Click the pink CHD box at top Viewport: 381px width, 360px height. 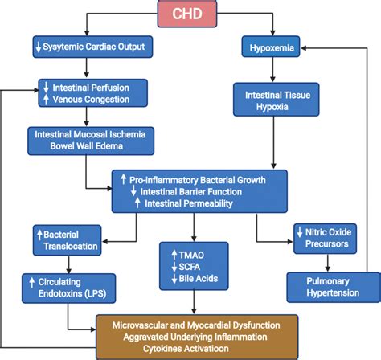tap(190, 14)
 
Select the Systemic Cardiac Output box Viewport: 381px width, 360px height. tap(90, 47)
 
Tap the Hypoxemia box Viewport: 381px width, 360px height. tap(269, 47)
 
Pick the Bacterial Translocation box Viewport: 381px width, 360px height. tap(68, 239)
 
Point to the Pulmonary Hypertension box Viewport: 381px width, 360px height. tap(325, 288)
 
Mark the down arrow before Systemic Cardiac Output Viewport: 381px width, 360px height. tap(38, 47)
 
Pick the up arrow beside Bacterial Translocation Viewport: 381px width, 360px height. tap(38, 233)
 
